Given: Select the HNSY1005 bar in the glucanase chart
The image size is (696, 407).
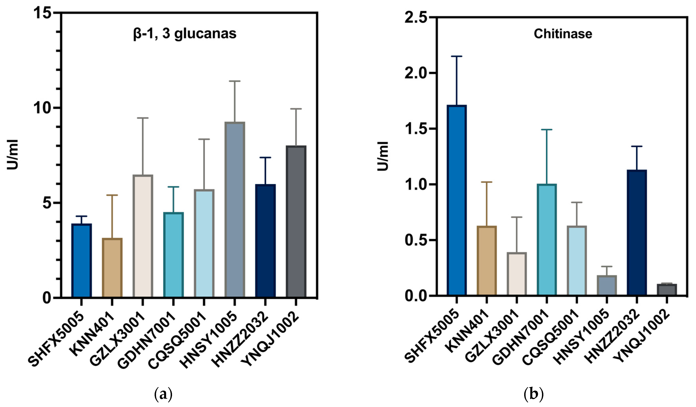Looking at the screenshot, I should coord(235,210).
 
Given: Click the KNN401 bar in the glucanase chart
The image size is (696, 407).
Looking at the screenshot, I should coord(112,268).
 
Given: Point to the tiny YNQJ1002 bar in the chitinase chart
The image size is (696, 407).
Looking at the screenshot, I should coord(667,289).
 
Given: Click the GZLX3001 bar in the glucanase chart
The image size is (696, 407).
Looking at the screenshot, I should coord(143,236).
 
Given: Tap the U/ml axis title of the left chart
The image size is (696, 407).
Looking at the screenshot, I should coord(13,155).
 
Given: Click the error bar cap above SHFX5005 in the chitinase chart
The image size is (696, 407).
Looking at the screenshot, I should coord(457,56).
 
